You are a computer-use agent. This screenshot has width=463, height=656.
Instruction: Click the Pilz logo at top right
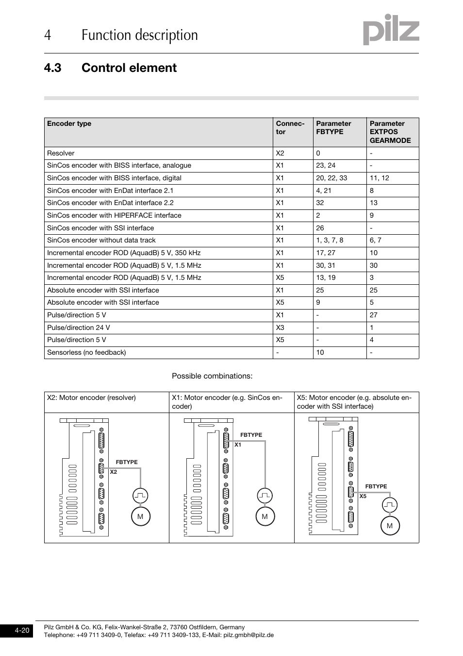coord(391,30)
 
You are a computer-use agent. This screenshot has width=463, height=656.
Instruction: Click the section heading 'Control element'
coord(129,68)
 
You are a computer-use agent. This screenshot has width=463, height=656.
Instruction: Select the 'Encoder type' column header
coord(69,123)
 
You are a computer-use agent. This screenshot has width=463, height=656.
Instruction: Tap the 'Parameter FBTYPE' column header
coord(333,127)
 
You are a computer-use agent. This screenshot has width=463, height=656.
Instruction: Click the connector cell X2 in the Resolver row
coord(280,153)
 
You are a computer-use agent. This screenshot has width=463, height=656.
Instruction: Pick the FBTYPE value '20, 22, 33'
coord(331,178)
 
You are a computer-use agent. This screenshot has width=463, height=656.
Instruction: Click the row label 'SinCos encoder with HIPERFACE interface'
coord(114,215)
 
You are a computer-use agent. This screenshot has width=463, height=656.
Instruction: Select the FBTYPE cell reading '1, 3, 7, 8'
coord(330,240)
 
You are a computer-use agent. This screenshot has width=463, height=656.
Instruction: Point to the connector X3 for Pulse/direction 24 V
coord(280,328)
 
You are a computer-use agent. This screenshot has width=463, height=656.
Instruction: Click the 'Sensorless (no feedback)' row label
coord(86,352)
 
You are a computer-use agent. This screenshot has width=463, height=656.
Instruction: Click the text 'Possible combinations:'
coord(212,376)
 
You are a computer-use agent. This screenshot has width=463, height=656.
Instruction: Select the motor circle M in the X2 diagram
coord(140,517)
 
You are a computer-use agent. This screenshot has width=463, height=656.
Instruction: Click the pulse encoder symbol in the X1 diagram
coord(265,496)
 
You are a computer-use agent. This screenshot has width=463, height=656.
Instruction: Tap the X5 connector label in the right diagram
coord(363,496)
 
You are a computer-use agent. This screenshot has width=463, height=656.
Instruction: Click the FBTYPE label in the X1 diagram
coord(251,435)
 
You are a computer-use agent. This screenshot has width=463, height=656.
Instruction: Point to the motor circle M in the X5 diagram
coord(390,526)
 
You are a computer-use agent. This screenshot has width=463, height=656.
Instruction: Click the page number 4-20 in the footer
coord(22,631)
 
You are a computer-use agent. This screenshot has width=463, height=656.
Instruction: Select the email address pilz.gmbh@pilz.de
coord(248,635)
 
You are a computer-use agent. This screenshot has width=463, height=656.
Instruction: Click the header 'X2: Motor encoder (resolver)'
coord(91,397)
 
